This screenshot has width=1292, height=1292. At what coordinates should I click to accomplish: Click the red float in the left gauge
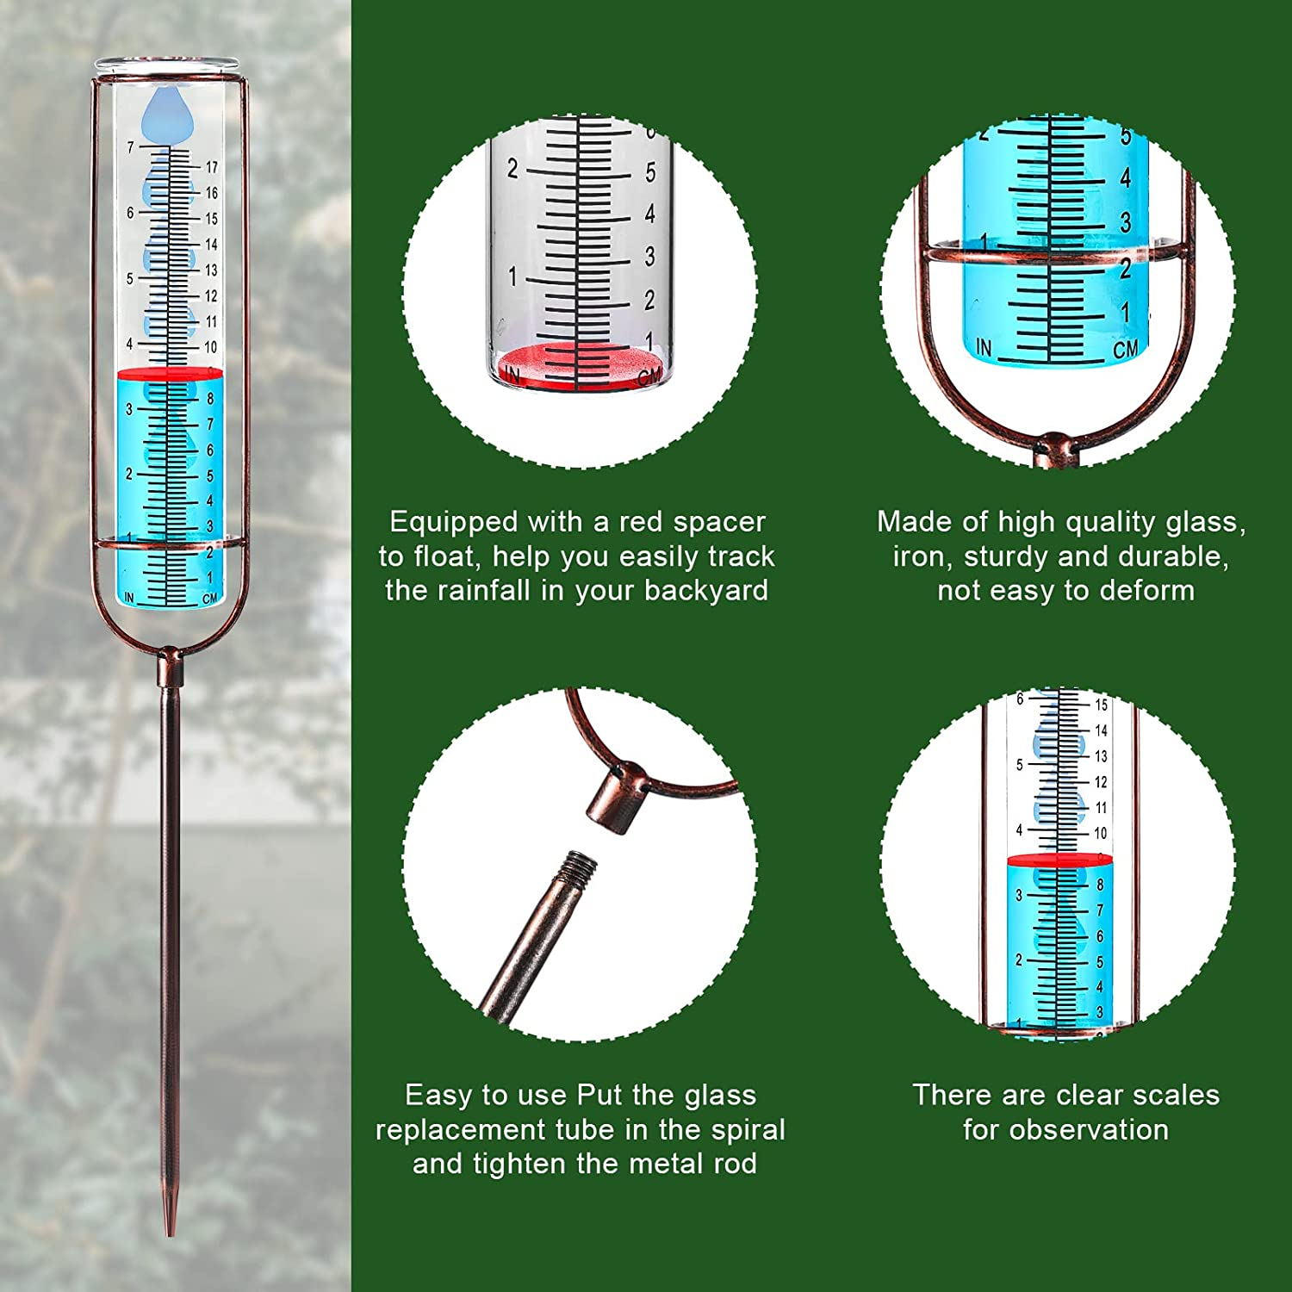click(169, 373)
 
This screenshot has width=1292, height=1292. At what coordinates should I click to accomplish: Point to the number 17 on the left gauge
click(211, 167)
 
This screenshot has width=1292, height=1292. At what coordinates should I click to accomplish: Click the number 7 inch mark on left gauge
click(131, 147)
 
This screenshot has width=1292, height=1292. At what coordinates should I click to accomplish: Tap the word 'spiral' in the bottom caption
click(743, 1130)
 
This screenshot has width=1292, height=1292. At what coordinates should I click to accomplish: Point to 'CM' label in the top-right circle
click(1125, 349)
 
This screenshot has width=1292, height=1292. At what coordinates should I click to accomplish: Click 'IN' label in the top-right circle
click(984, 347)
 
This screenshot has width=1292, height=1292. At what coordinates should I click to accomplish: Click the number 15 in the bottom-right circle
click(1101, 705)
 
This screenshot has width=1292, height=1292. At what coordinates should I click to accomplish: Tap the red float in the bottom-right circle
click(1059, 860)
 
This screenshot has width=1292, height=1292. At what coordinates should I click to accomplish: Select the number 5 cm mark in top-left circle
click(650, 173)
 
